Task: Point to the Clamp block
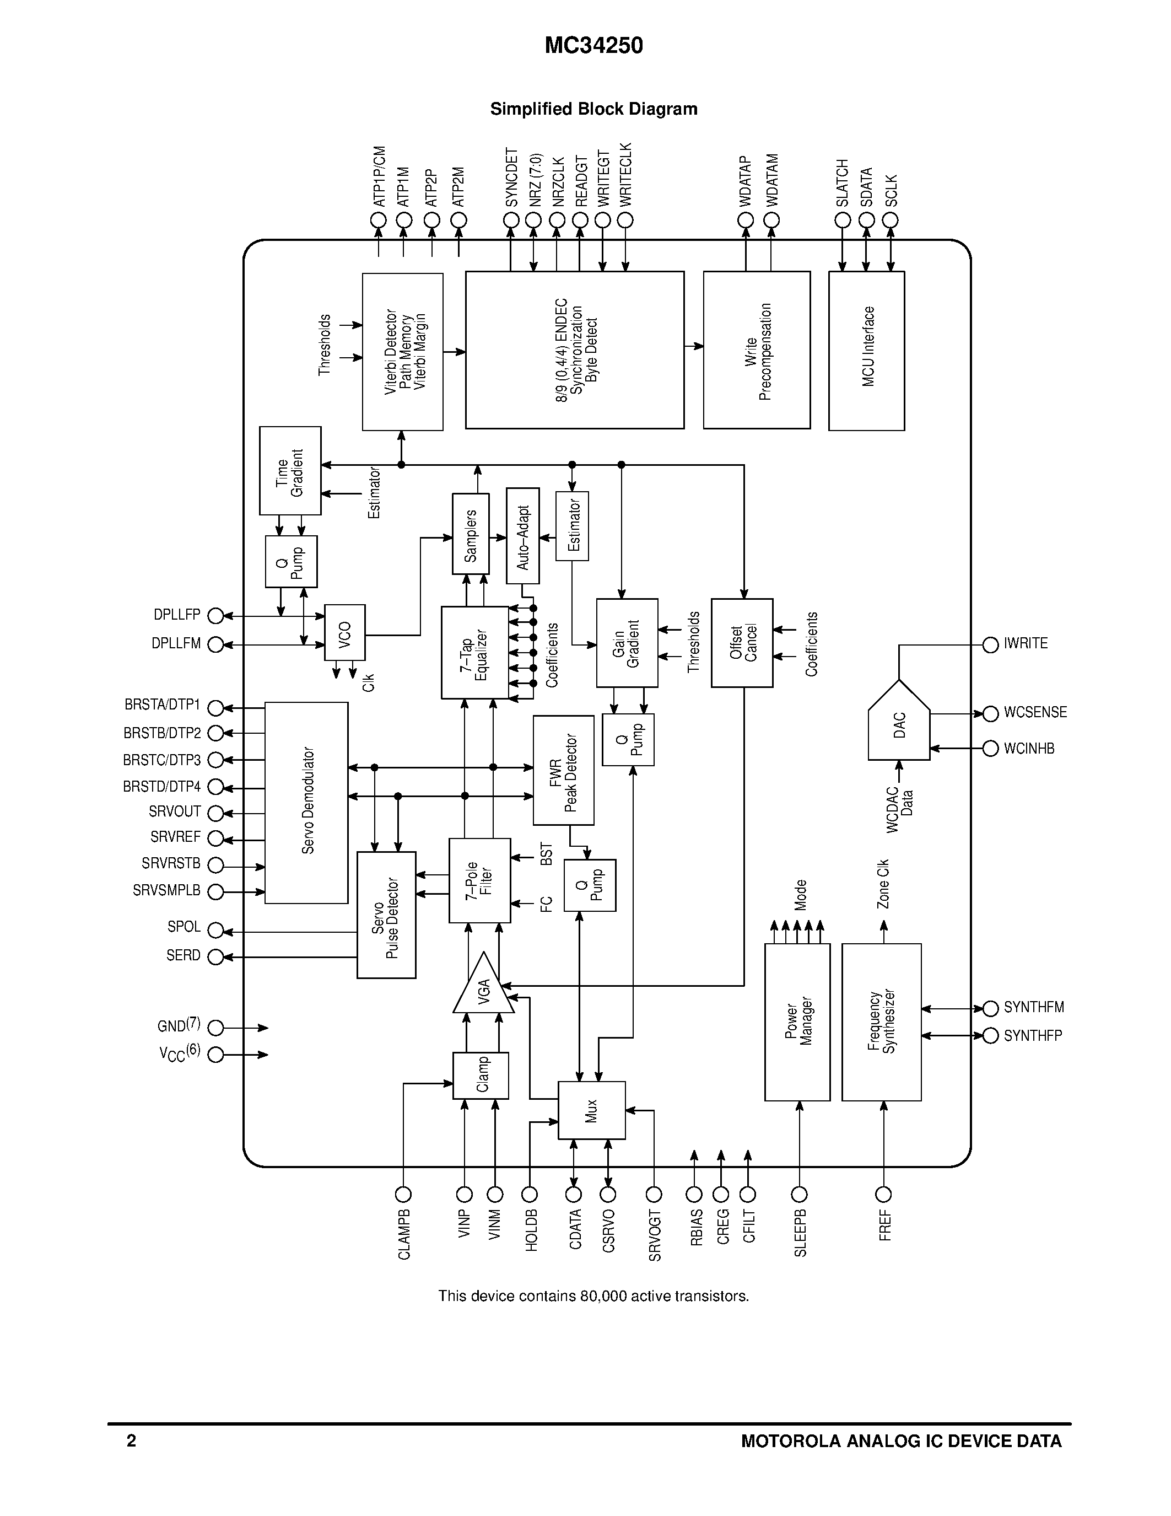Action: (481, 1075)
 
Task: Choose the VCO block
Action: (345, 632)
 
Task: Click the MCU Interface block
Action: (866, 351)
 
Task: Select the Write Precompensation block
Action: (757, 351)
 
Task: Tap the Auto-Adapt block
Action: (522, 536)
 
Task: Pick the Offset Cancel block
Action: (742, 643)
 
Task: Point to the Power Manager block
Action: (797, 1022)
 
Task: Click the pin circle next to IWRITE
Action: (991, 645)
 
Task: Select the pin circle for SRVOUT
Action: (216, 813)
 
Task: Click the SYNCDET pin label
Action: (511, 178)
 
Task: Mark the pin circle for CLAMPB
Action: (403, 1195)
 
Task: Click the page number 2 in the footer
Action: (132, 1441)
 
